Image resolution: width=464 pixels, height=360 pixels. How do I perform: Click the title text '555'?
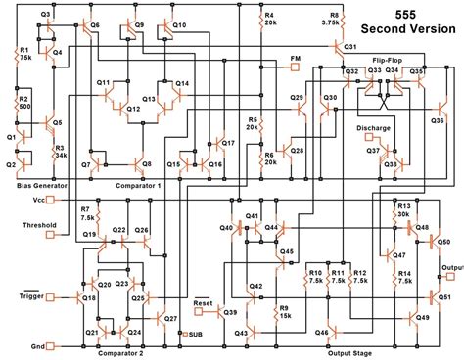pos(403,17)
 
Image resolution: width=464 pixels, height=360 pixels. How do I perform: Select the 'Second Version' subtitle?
pos(403,33)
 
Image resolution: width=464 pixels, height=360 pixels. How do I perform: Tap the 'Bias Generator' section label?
pos(42,183)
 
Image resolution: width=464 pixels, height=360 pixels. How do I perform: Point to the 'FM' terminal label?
pos(295,59)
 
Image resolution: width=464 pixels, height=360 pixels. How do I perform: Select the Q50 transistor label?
pos(443,240)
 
